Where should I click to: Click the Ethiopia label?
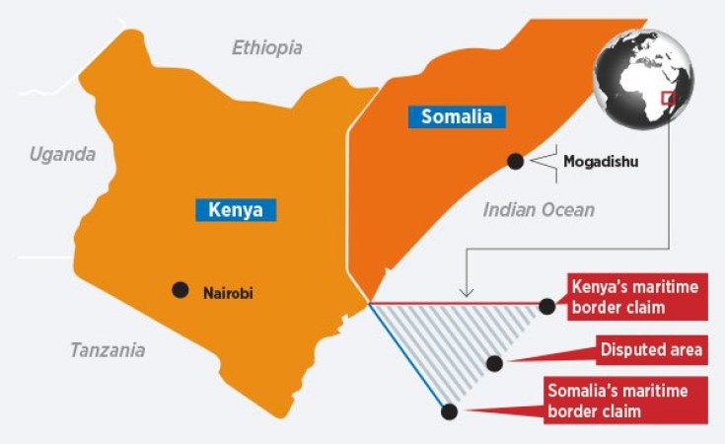click(x=266, y=47)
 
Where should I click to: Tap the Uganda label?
click(x=62, y=154)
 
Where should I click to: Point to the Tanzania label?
click(x=108, y=349)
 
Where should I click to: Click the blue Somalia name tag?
click(x=456, y=117)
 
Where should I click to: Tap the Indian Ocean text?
click(x=539, y=209)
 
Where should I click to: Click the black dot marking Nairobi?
click(x=180, y=290)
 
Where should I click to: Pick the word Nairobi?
click(x=234, y=292)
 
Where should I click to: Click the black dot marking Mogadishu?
click(x=514, y=160)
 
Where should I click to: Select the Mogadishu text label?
click(x=601, y=160)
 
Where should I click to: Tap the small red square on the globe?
click(x=668, y=98)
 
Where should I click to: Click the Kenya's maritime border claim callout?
click(x=637, y=297)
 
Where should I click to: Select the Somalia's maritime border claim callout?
click(x=626, y=401)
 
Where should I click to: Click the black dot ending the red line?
click(x=547, y=307)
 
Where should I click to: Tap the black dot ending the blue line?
click(x=450, y=411)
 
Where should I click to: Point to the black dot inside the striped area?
click(x=495, y=363)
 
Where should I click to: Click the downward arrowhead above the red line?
click(x=468, y=292)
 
